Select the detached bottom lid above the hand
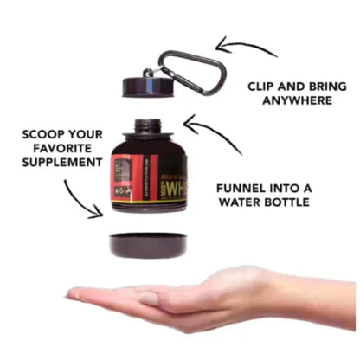click(147, 245)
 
